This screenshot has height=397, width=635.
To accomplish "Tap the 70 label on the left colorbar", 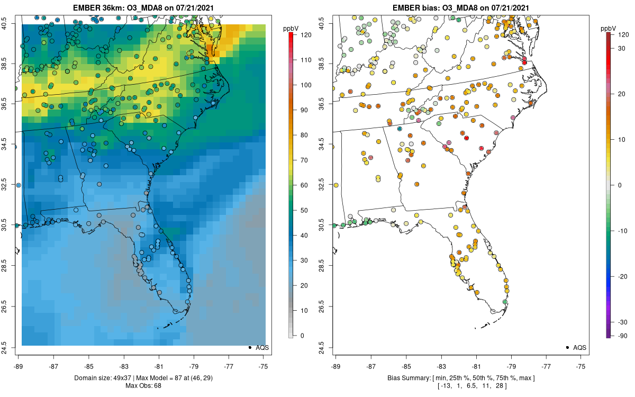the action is [x=304, y=160].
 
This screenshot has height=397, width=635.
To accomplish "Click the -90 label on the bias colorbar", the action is [x=623, y=336].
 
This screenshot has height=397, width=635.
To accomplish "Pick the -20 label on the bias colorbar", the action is [x=623, y=276].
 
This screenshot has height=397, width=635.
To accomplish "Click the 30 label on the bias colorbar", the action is [x=621, y=49].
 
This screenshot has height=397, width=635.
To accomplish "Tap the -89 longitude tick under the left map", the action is [x=19, y=366].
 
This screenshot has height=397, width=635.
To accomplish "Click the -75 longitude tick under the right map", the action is [x=580, y=366].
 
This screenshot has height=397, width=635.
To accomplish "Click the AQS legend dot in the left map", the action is [x=250, y=348].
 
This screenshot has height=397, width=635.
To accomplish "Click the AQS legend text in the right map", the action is [x=580, y=348].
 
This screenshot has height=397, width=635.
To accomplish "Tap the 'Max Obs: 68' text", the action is [x=143, y=386].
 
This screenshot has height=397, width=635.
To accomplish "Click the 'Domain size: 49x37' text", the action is [x=104, y=378].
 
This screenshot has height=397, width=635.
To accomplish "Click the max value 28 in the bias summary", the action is [x=500, y=386].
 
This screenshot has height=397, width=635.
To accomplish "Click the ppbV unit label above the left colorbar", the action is [x=291, y=29].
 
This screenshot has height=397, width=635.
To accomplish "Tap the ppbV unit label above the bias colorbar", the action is [x=608, y=29].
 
